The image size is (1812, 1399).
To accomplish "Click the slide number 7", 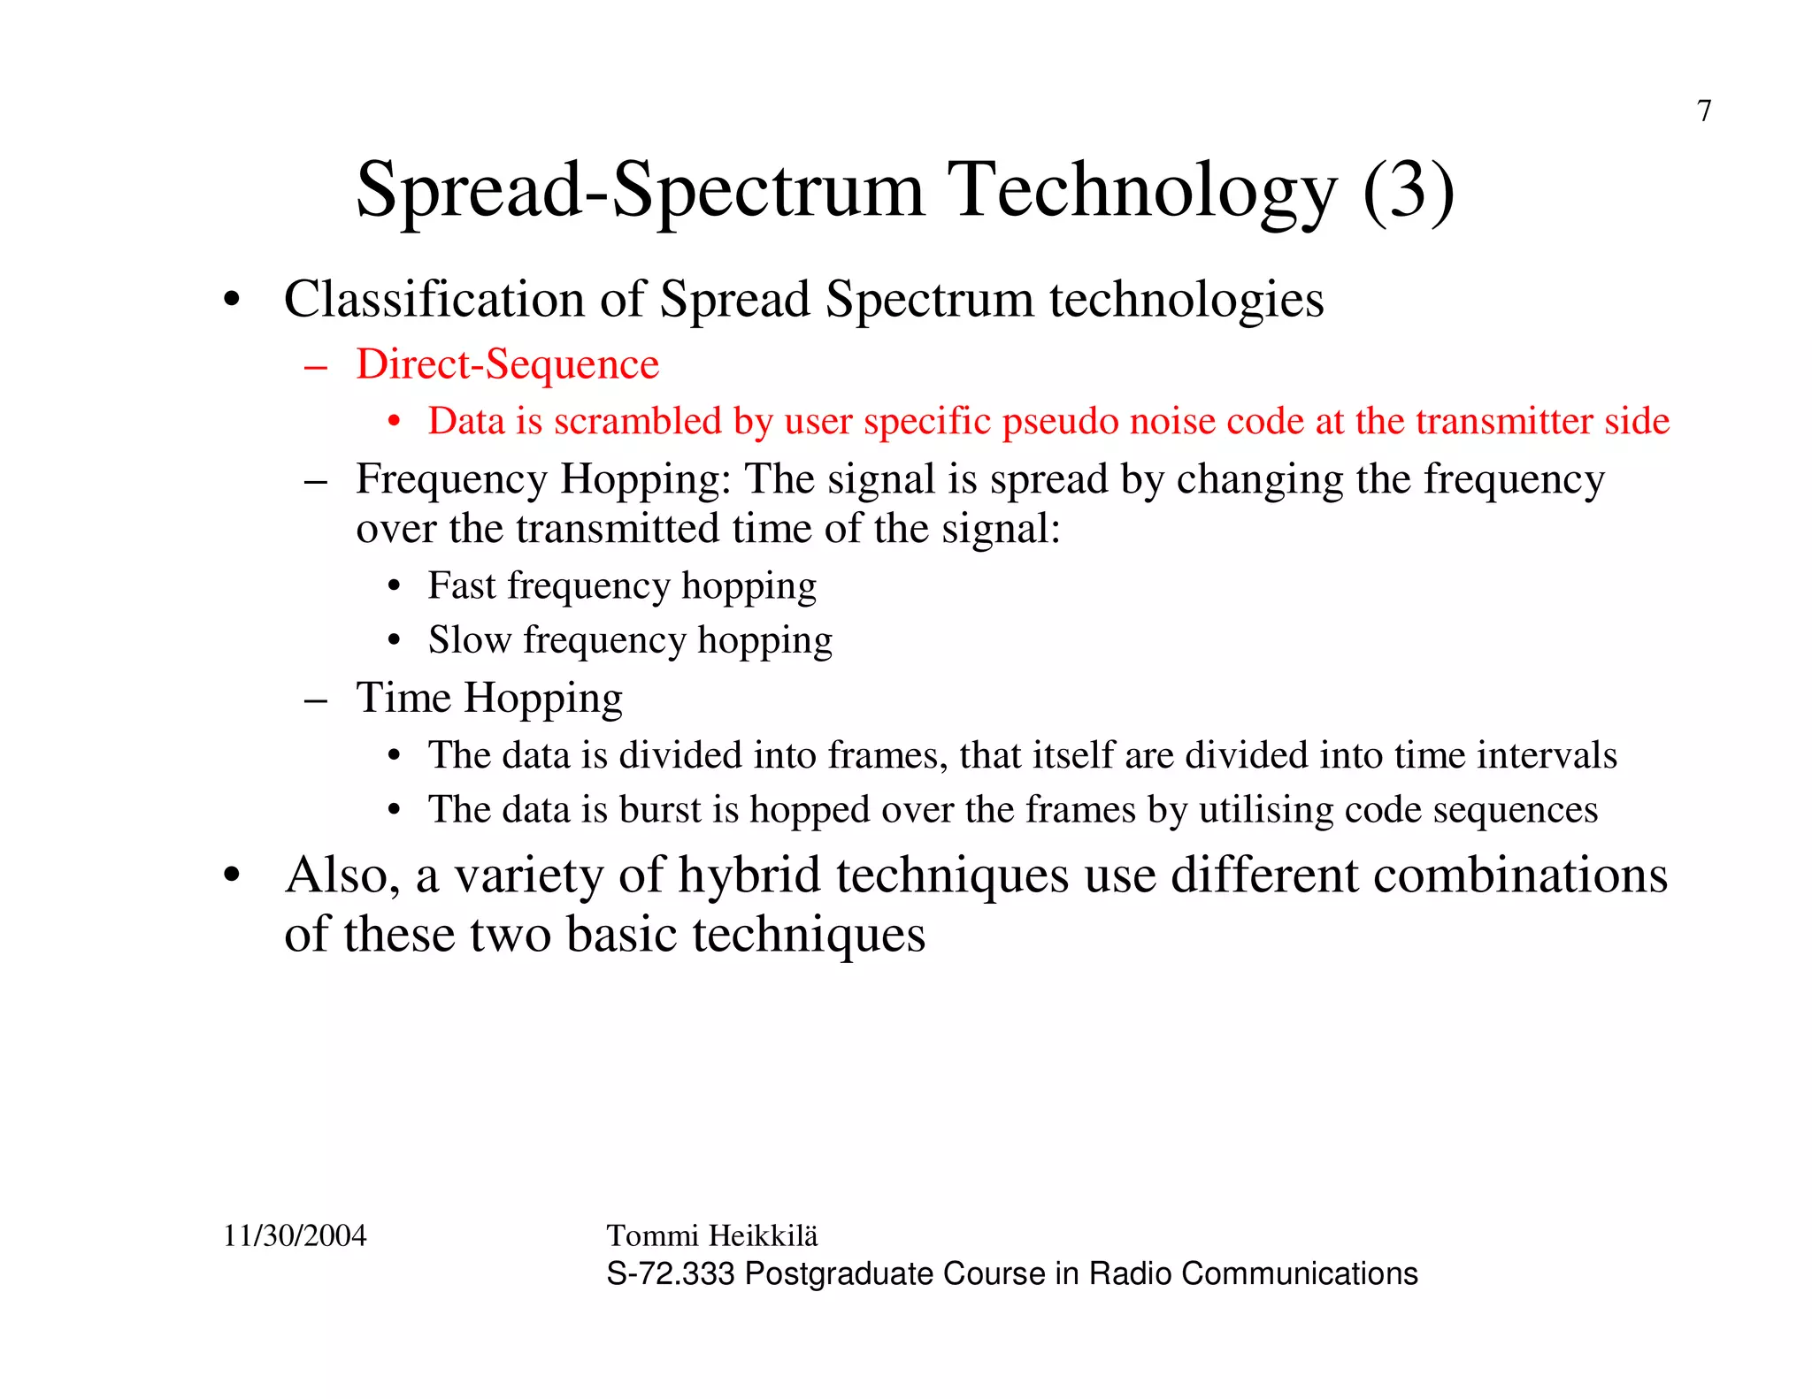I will click(x=1704, y=111).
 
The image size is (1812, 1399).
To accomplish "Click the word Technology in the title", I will click(x=1141, y=190).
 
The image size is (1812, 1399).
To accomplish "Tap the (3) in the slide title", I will click(x=1409, y=190).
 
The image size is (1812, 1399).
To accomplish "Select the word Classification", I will click(x=434, y=299).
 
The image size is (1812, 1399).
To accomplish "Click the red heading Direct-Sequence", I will click(x=507, y=364).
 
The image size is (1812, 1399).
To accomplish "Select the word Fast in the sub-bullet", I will click(x=462, y=585).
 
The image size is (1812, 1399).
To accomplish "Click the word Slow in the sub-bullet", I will click(x=470, y=639).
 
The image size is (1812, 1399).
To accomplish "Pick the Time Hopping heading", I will click(x=489, y=698).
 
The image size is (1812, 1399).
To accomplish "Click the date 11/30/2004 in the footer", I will click(x=295, y=1235).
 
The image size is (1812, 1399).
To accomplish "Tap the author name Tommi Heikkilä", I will click(x=712, y=1235).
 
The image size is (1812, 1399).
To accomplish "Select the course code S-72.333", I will click(x=670, y=1273).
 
